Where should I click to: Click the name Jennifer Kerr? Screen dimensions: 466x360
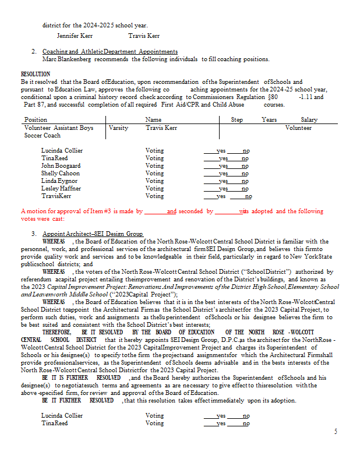point(75,36)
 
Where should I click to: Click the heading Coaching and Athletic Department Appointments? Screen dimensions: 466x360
point(110,52)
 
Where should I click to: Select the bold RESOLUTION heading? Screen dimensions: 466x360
point(36,75)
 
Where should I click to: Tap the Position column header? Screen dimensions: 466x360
point(36,119)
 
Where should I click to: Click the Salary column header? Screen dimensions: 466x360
point(309,119)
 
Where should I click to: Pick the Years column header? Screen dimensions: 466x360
point(269,119)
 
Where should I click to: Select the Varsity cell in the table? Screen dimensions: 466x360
point(118,128)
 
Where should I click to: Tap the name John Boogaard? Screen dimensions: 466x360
point(61,165)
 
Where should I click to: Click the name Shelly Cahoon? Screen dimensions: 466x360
point(61,173)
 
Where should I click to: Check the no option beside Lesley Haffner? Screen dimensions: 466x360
point(245,188)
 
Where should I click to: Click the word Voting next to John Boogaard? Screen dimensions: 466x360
point(154,165)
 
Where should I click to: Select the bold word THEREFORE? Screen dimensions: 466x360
point(57,331)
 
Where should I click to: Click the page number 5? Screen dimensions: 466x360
point(335,431)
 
